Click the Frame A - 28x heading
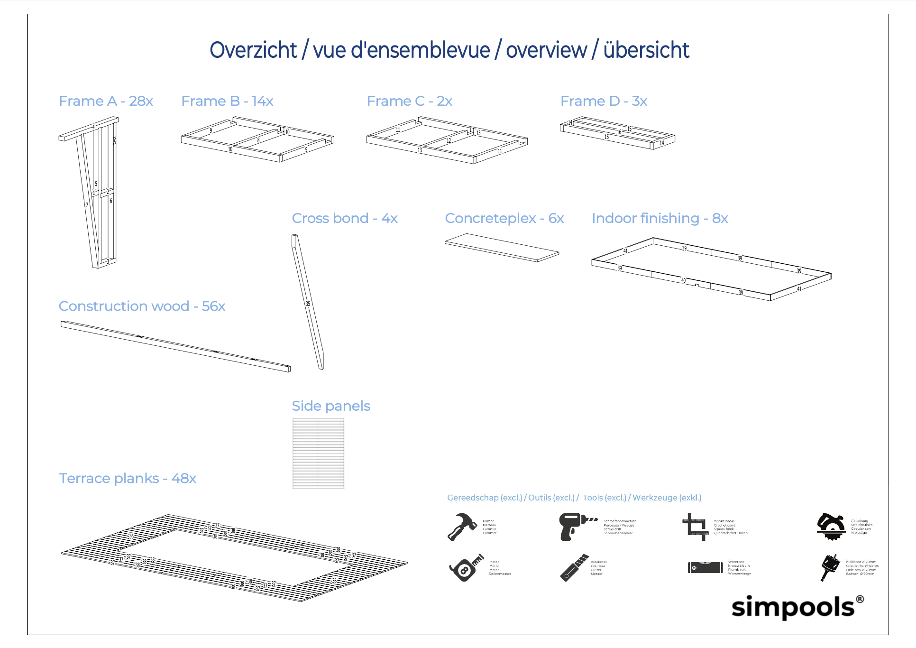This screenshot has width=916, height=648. tap(106, 101)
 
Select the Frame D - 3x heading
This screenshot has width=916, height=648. tap(604, 101)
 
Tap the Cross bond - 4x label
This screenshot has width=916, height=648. tap(344, 218)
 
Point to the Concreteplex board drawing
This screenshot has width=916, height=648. tap(502, 247)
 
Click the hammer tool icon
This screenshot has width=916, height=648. tap(462, 527)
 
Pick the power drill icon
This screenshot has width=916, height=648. tap(576, 526)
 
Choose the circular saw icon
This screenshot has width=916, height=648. tap(831, 526)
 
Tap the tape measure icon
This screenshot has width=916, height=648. tap(466, 567)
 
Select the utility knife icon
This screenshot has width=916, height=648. tap(574, 567)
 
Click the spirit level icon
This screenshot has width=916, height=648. tap(705, 567)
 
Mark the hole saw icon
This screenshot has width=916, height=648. tap(830, 566)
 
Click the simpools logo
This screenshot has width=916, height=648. tap(797, 607)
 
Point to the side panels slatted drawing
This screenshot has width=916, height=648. tap(318, 454)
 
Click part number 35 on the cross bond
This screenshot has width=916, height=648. tap(308, 304)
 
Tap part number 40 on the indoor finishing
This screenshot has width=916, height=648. tap(683, 280)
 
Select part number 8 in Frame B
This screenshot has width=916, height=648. tap(258, 140)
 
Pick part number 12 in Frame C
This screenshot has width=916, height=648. tap(449, 141)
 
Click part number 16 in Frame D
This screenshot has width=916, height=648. tap(619, 132)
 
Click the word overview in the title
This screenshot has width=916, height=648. tap(546, 50)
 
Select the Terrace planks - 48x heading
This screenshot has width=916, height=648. tap(127, 478)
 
